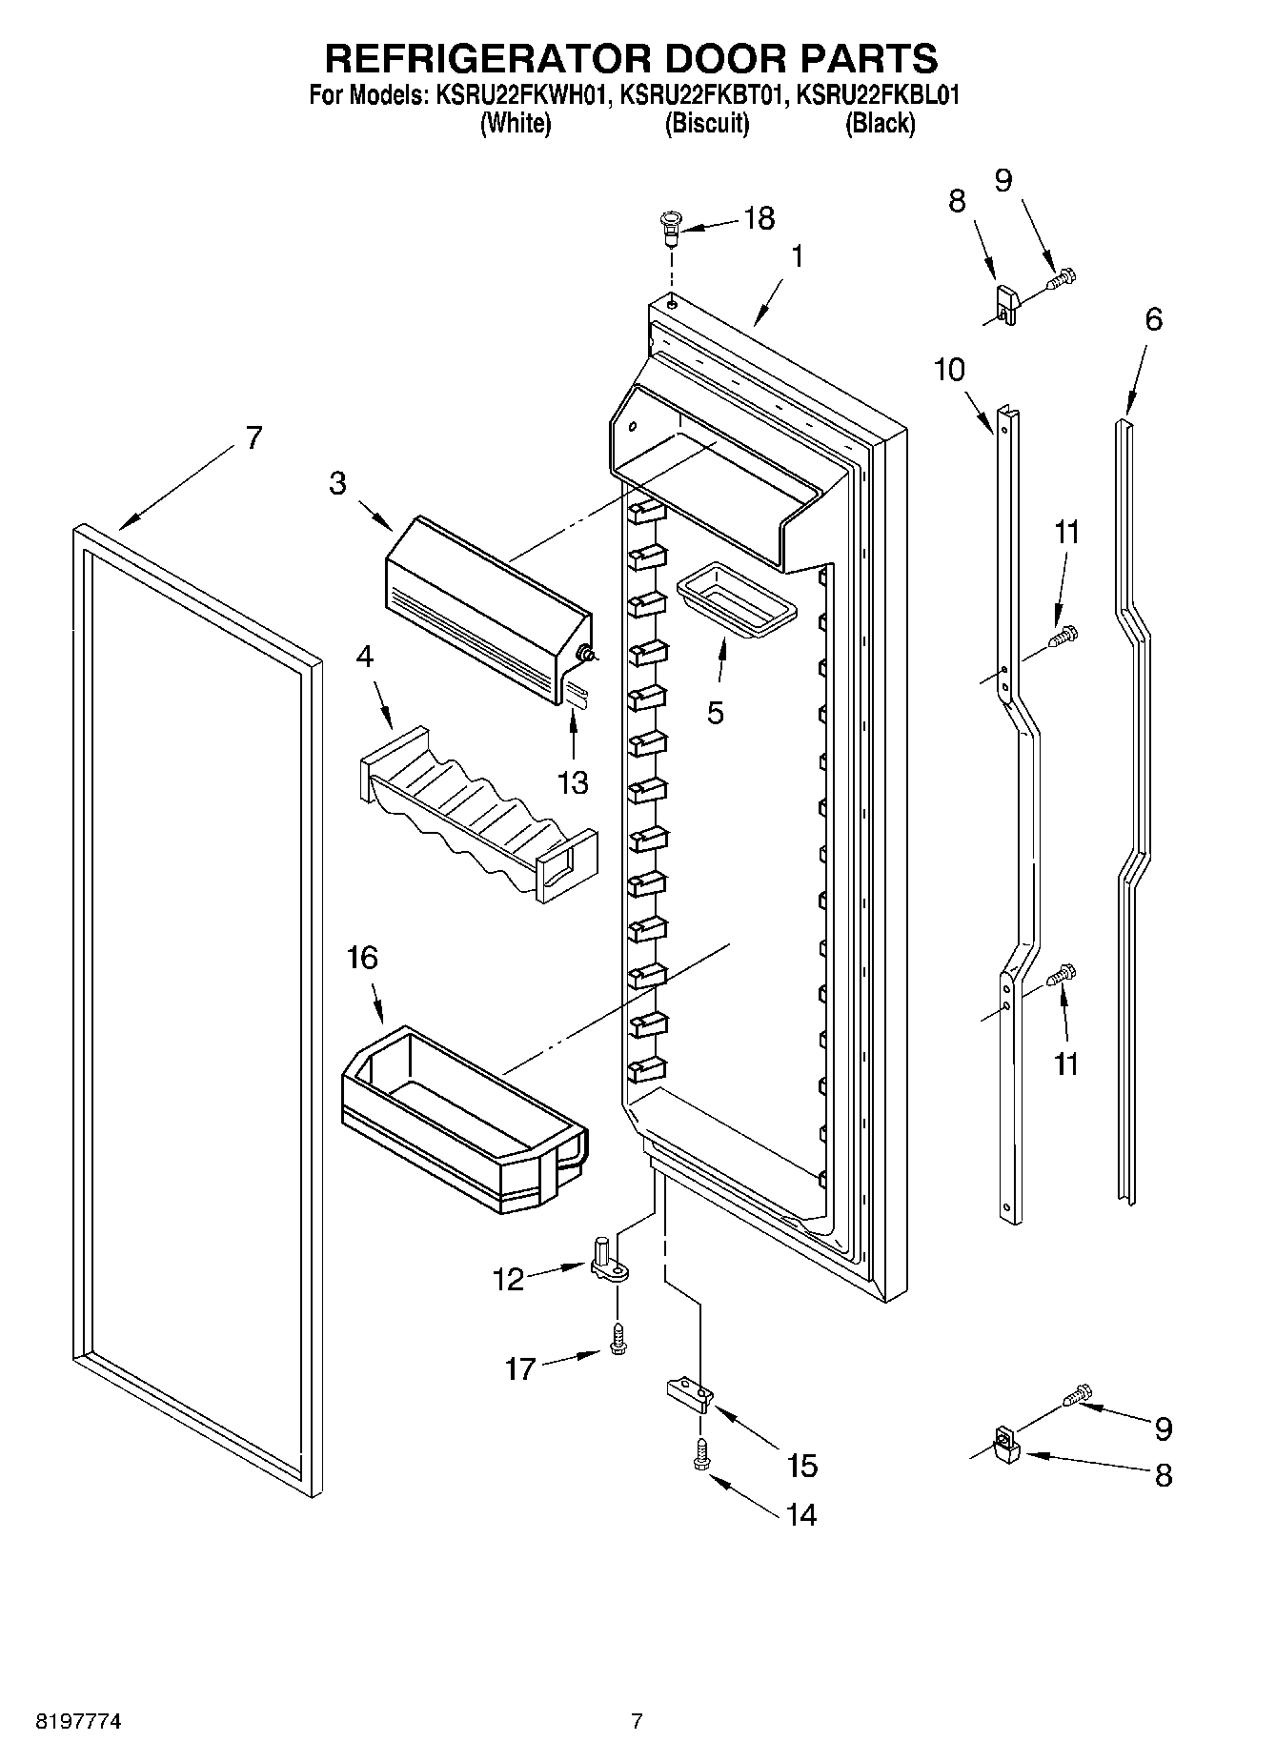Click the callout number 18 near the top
(759, 218)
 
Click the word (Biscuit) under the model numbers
(706, 124)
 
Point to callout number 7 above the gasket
(253, 437)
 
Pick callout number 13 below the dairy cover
(573, 782)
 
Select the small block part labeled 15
(689, 1395)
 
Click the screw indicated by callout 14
(702, 1454)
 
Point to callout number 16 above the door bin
(362, 957)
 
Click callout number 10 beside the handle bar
(949, 369)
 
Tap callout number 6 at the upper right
(1153, 318)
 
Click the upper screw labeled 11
(1063, 635)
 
